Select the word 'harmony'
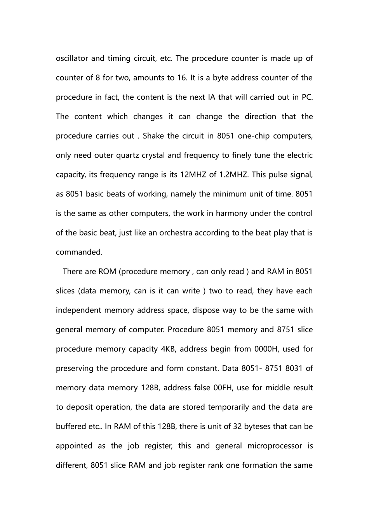tap(231, 213)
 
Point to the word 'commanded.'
tap(79, 252)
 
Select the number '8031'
tap(294, 369)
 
